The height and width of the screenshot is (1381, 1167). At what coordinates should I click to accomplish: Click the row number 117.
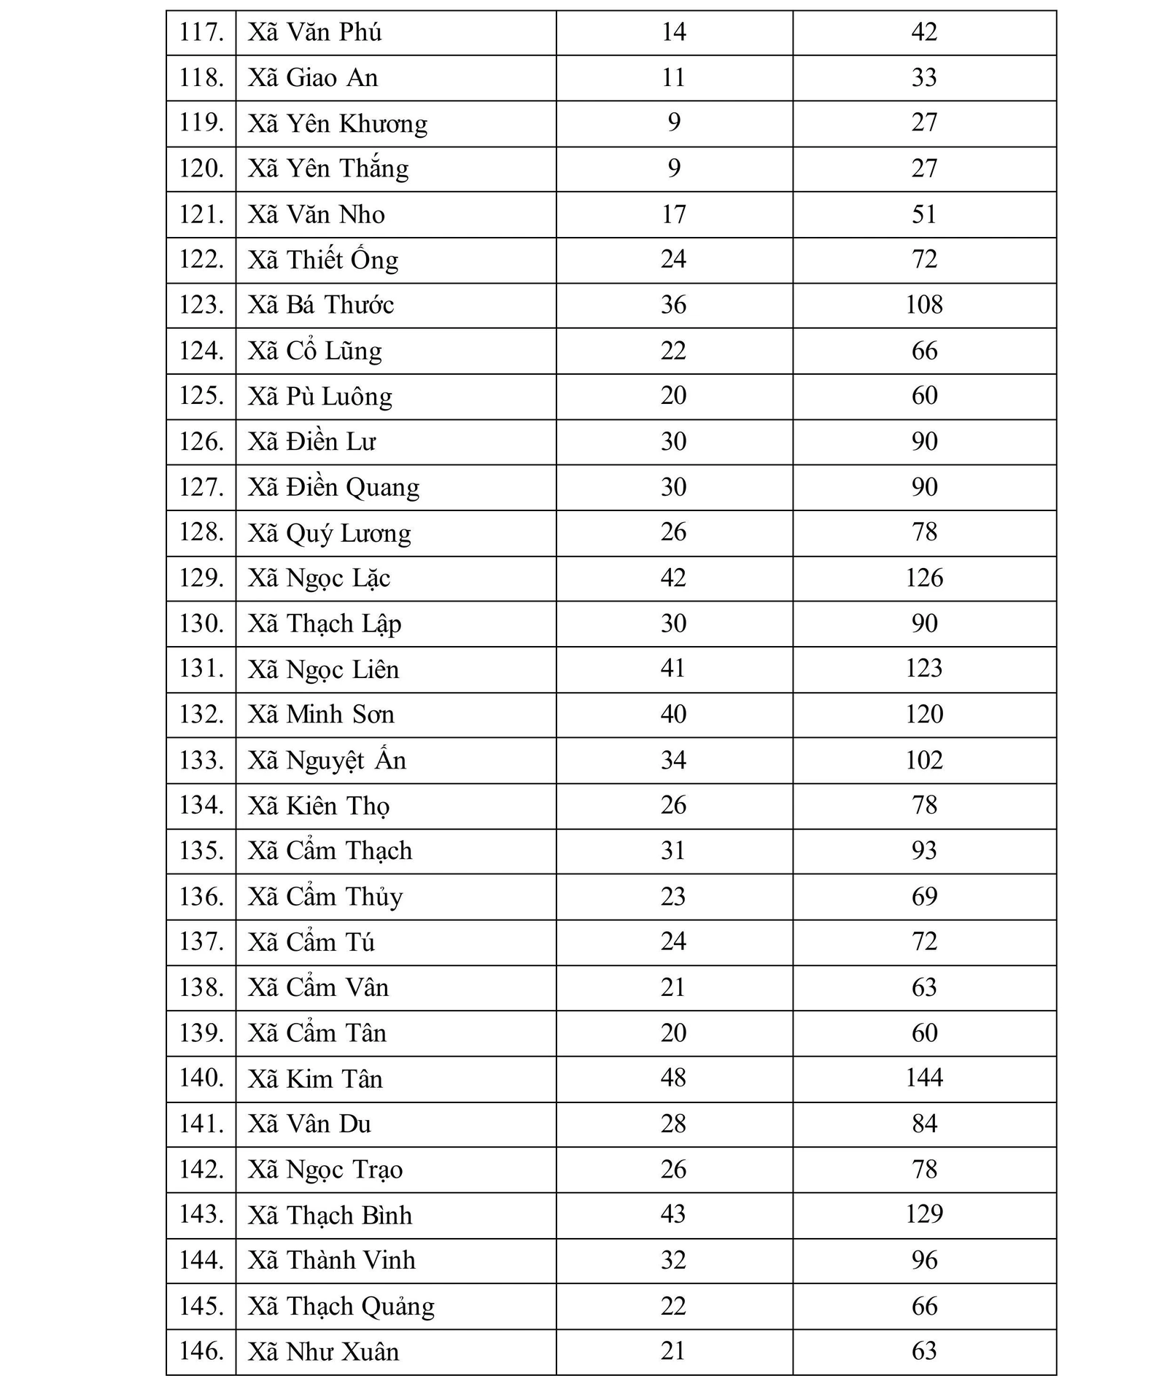click(201, 33)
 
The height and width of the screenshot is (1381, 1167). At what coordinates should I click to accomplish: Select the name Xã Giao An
click(313, 78)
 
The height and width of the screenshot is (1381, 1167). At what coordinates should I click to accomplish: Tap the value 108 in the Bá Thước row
click(923, 305)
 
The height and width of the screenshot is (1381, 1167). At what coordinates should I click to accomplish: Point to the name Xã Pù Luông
click(319, 397)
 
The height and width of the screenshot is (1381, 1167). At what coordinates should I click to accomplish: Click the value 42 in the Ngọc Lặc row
click(673, 578)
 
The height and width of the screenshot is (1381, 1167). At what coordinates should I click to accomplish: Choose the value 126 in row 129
click(923, 578)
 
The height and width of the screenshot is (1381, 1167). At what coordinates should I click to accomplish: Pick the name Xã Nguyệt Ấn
click(327, 760)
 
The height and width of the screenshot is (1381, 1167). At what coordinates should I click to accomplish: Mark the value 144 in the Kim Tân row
click(923, 1078)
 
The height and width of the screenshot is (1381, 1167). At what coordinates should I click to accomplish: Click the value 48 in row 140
click(673, 1078)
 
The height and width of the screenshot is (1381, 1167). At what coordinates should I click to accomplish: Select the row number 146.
click(201, 1351)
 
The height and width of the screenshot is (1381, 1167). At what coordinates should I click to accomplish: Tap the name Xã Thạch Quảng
click(341, 1306)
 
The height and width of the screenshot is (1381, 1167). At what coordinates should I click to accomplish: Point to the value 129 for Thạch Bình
click(923, 1214)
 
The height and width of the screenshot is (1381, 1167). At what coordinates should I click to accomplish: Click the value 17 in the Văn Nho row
click(673, 214)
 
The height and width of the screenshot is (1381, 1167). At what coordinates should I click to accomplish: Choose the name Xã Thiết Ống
click(323, 260)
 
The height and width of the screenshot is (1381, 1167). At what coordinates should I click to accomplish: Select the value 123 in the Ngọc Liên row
click(923, 669)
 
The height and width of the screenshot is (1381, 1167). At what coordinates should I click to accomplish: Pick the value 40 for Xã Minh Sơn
click(673, 715)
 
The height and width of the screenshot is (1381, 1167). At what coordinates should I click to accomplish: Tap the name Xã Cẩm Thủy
click(325, 897)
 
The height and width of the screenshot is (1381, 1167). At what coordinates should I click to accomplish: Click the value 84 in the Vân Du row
click(923, 1124)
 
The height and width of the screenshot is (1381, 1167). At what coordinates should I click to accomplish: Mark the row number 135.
click(201, 851)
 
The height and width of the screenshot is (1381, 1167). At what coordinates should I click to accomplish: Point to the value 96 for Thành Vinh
click(923, 1260)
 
